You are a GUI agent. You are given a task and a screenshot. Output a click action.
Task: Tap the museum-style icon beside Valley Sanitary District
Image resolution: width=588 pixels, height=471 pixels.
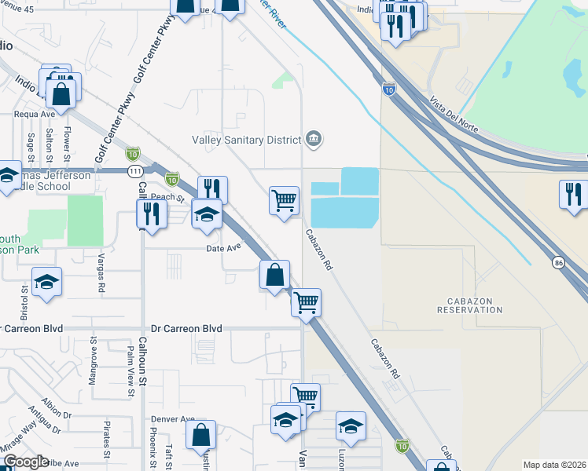pos(314,140)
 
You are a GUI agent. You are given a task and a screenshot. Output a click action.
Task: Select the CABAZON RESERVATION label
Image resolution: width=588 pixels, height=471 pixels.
pos(474,305)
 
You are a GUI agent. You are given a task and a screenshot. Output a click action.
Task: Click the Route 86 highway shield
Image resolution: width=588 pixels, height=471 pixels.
pos(558,261)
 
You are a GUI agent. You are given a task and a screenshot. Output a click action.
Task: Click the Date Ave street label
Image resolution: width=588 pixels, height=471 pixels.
pos(222,248)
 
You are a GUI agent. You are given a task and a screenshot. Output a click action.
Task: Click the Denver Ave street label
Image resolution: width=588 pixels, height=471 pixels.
pos(172,419)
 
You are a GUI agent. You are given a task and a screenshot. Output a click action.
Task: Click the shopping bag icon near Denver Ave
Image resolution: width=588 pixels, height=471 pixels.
pos(202,436)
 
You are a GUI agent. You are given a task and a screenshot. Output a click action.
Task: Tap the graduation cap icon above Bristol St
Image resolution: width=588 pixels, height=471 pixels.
pos(46,283)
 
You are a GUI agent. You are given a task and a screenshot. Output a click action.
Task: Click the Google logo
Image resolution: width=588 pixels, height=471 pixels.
pos(25,462)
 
